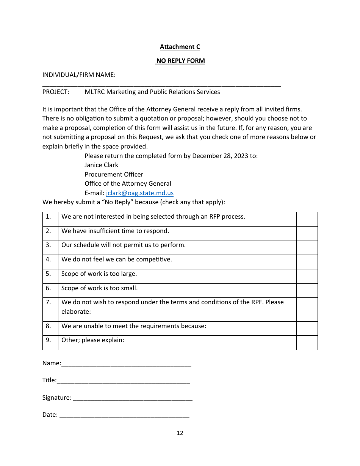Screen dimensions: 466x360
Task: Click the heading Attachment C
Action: tap(180, 47)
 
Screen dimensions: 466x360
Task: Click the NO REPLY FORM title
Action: tap(180, 61)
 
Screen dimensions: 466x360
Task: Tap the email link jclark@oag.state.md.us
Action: tap(140, 193)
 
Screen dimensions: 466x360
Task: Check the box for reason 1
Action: tap(307, 219)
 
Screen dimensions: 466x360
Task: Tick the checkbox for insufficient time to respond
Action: tap(307, 233)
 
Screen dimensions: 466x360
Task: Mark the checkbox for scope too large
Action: tap(307, 276)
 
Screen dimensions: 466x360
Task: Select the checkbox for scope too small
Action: tap(307, 291)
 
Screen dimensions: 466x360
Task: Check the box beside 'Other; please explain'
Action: tap(307, 342)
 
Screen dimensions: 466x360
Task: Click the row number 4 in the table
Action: tap(49, 260)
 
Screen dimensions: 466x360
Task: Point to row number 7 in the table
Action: tap(49, 302)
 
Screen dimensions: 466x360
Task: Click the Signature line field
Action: tap(133, 398)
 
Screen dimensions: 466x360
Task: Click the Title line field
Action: tap(123, 380)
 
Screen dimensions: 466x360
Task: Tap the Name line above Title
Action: tap(126, 363)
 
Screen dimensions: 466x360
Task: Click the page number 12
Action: tap(180, 433)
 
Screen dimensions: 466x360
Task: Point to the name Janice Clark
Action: tap(101, 165)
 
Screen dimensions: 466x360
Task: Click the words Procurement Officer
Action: tap(114, 175)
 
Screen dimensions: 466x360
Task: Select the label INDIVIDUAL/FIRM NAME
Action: tap(79, 75)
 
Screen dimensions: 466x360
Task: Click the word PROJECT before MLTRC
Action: tap(55, 92)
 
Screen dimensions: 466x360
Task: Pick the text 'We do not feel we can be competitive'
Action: tap(117, 260)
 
